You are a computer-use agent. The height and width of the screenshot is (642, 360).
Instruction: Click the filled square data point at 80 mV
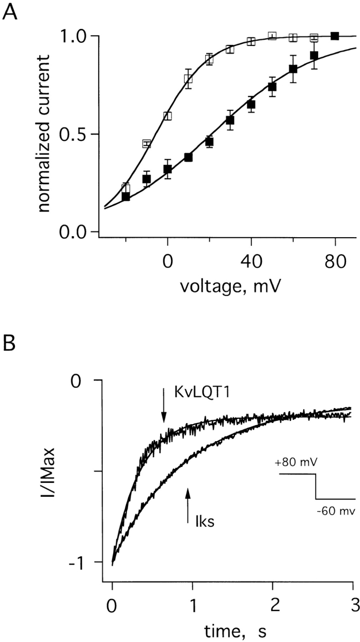tap(335, 36)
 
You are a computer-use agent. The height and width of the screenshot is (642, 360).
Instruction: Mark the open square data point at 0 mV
tap(168, 116)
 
